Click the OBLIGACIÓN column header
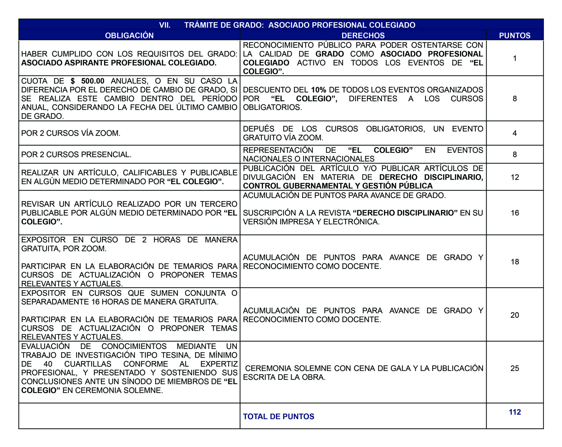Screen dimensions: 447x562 [x=129, y=36]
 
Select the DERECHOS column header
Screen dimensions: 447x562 [x=363, y=36]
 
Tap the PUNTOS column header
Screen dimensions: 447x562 [x=515, y=36]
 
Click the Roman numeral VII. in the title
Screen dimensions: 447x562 [x=165, y=25]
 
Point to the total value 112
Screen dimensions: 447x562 [x=515, y=412]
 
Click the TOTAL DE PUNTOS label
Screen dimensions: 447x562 [x=278, y=416]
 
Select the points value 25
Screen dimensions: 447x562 [x=515, y=368]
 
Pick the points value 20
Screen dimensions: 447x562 [x=515, y=315]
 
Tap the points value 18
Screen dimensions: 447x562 [x=515, y=262]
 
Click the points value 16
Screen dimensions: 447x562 [x=515, y=213]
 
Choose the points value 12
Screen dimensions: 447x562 [x=515, y=177]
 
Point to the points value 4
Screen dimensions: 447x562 [x=515, y=133]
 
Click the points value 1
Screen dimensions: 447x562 [x=515, y=58]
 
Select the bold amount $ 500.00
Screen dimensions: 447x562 [x=88, y=81]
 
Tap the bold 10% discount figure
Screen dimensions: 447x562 [x=319, y=90]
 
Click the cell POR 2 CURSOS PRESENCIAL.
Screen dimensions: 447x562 [x=76, y=154]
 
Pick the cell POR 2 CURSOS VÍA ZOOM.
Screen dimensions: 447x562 [x=71, y=133]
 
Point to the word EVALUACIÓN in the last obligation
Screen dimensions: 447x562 [x=45, y=346]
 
